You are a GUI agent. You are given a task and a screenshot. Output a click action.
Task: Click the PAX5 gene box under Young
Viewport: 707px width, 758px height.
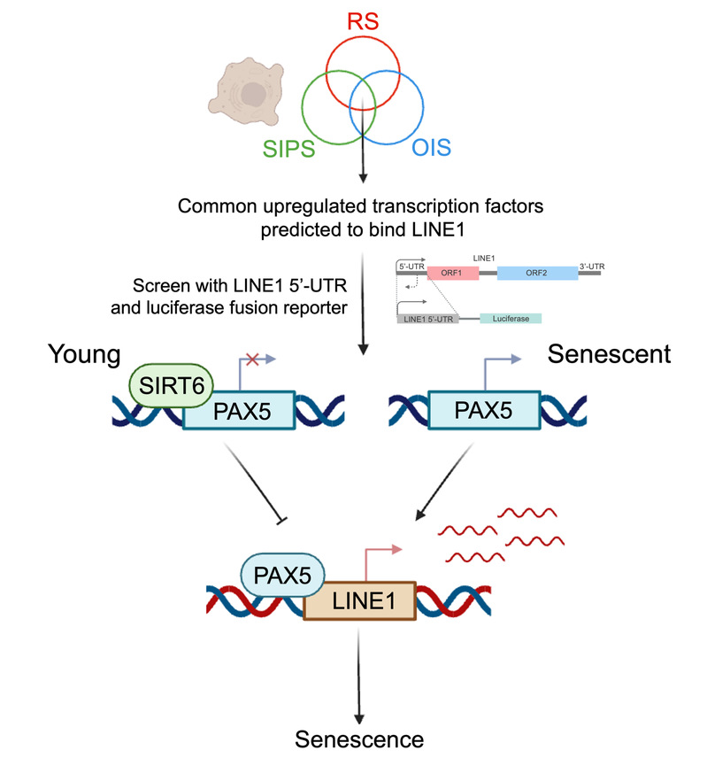pyautogui.click(x=238, y=413)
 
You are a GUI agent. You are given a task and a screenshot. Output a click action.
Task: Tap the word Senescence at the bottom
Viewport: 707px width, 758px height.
pyautogui.click(x=359, y=739)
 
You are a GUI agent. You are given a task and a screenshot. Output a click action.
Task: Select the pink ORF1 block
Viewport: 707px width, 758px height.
pyautogui.click(x=452, y=274)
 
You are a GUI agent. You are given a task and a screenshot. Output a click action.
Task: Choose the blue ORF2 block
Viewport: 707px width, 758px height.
pyautogui.click(x=537, y=274)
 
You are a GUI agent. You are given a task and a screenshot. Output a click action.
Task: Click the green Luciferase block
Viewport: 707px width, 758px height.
pyautogui.click(x=511, y=317)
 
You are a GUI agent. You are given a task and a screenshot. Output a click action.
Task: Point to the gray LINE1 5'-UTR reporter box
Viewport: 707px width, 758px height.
pyautogui.click(x=428, y=317)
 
